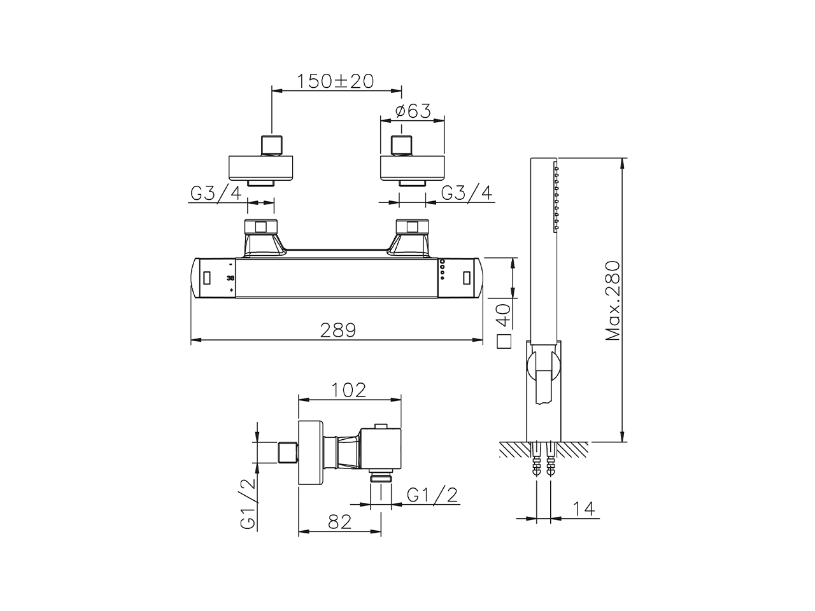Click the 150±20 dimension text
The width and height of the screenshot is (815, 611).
click(336, 81)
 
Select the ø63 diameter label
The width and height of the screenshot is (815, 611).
click(413, 111)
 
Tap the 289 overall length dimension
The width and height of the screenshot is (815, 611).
click(338, 330)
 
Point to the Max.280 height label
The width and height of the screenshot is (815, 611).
click(613, 300)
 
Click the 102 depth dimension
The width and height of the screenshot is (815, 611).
click(349, 390)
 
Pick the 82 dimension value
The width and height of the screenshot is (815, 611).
click(340, 523)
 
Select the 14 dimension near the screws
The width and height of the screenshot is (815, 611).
click(584, 509)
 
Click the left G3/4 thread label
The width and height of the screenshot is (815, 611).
click(216, 193)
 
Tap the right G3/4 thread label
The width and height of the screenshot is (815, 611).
click(467, 193)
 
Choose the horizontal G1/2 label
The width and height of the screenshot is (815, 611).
click(432, 495)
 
